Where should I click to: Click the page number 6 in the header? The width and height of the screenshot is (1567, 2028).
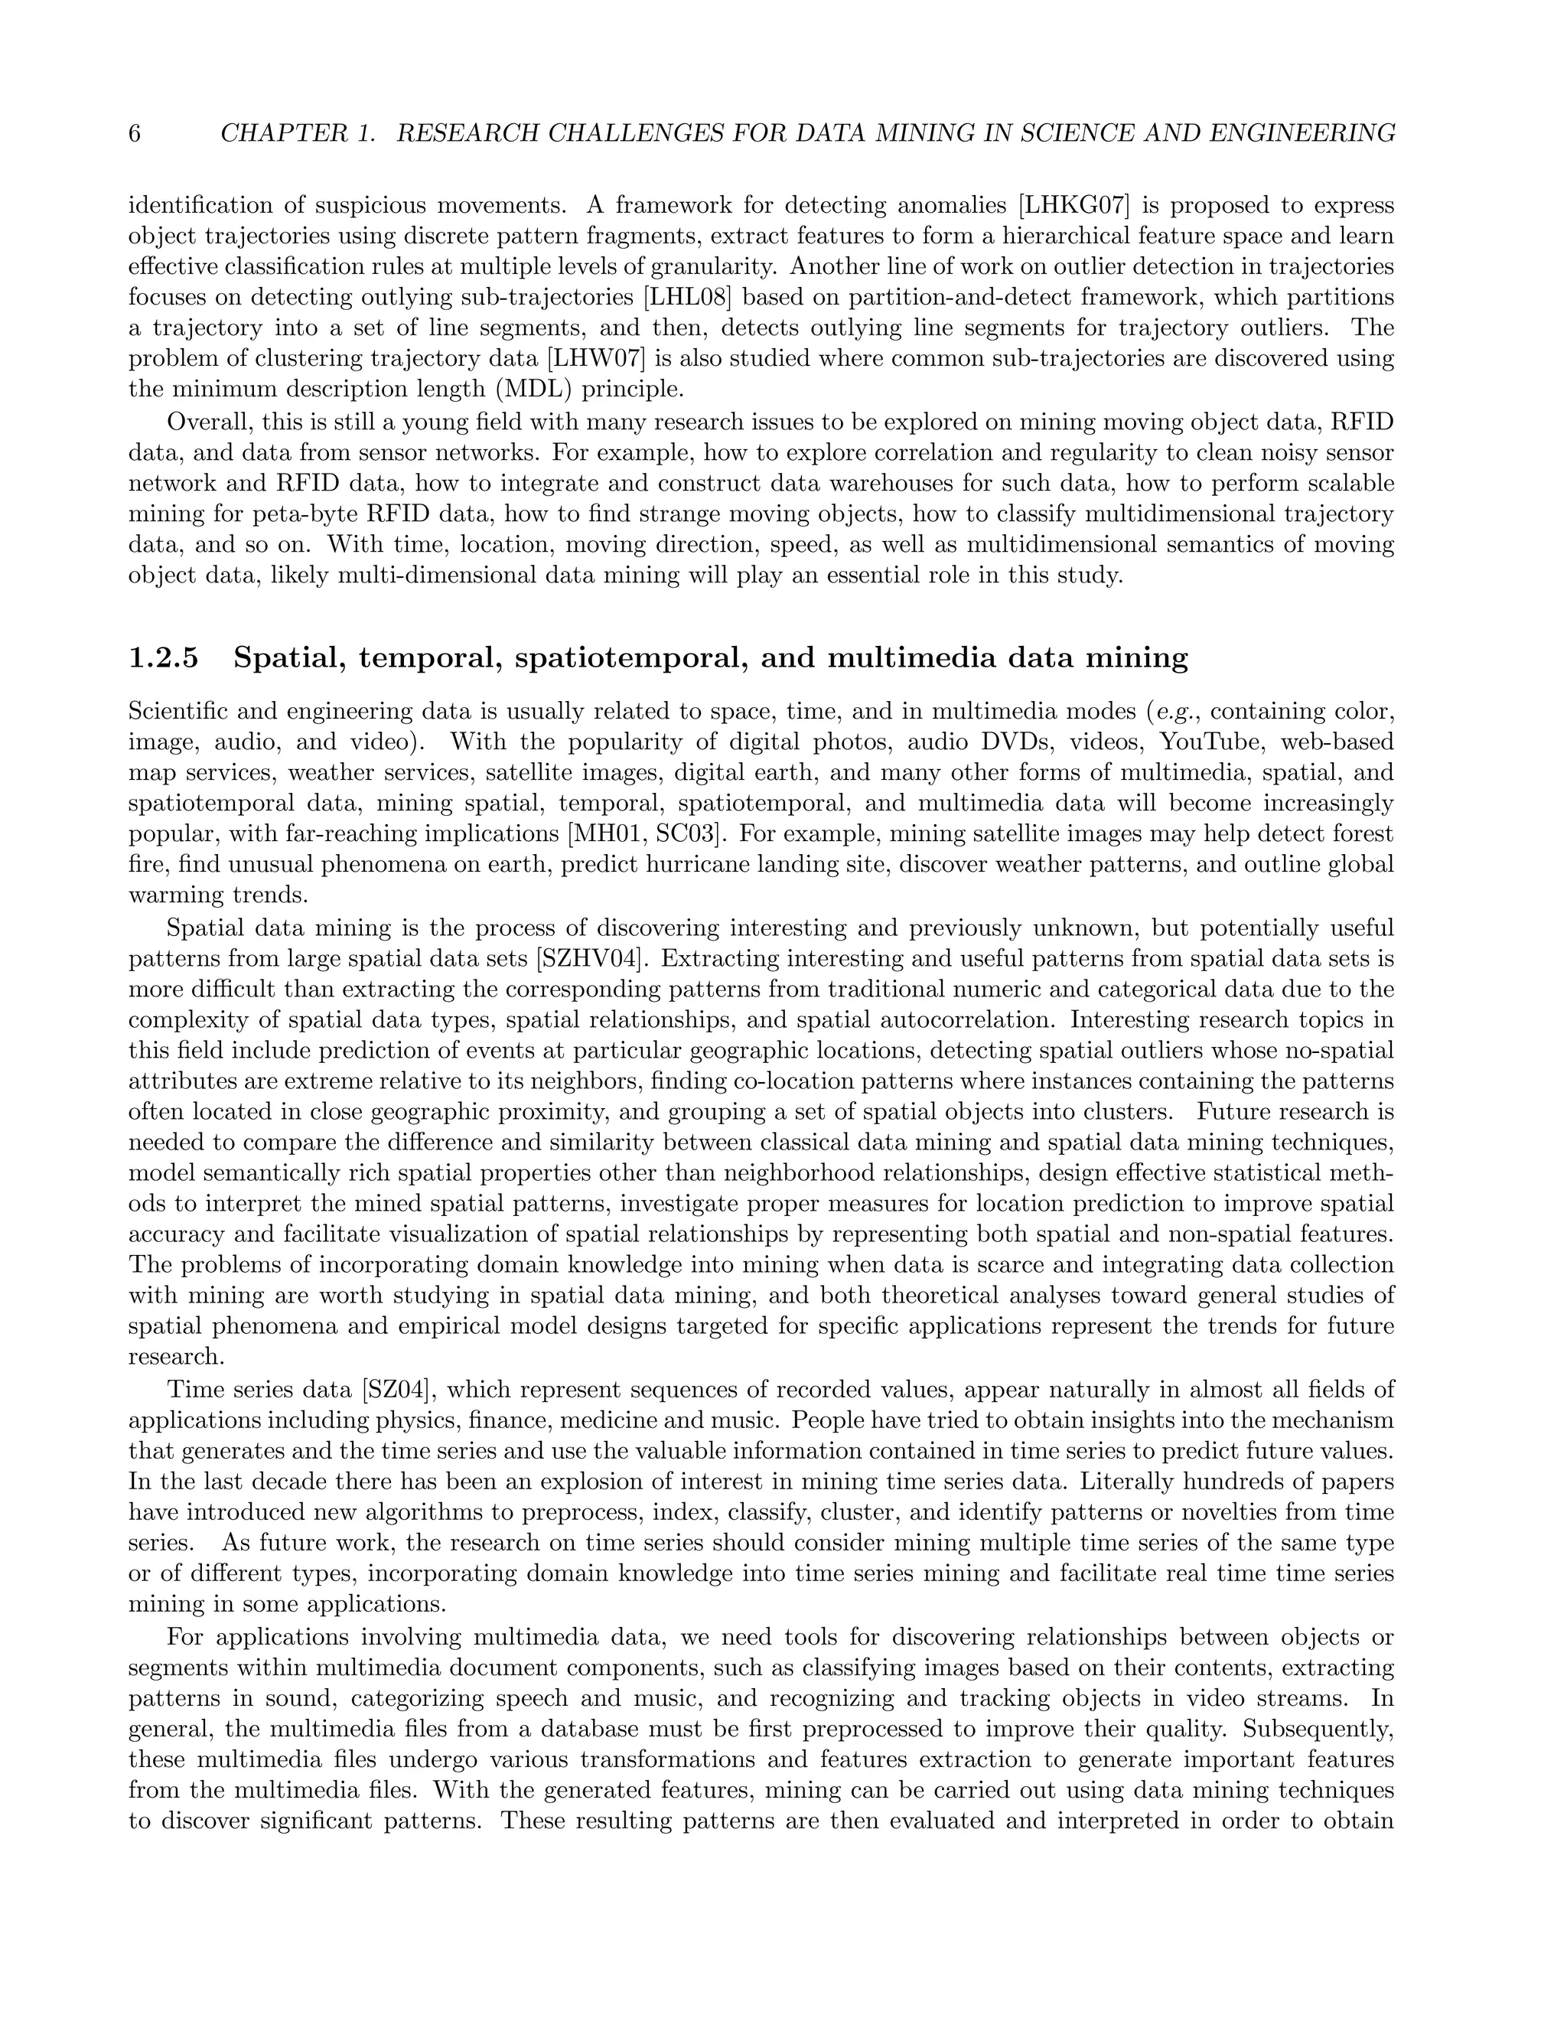click(x=135, y=134)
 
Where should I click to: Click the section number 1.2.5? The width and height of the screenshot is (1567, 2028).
click(x=164, y=658)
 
